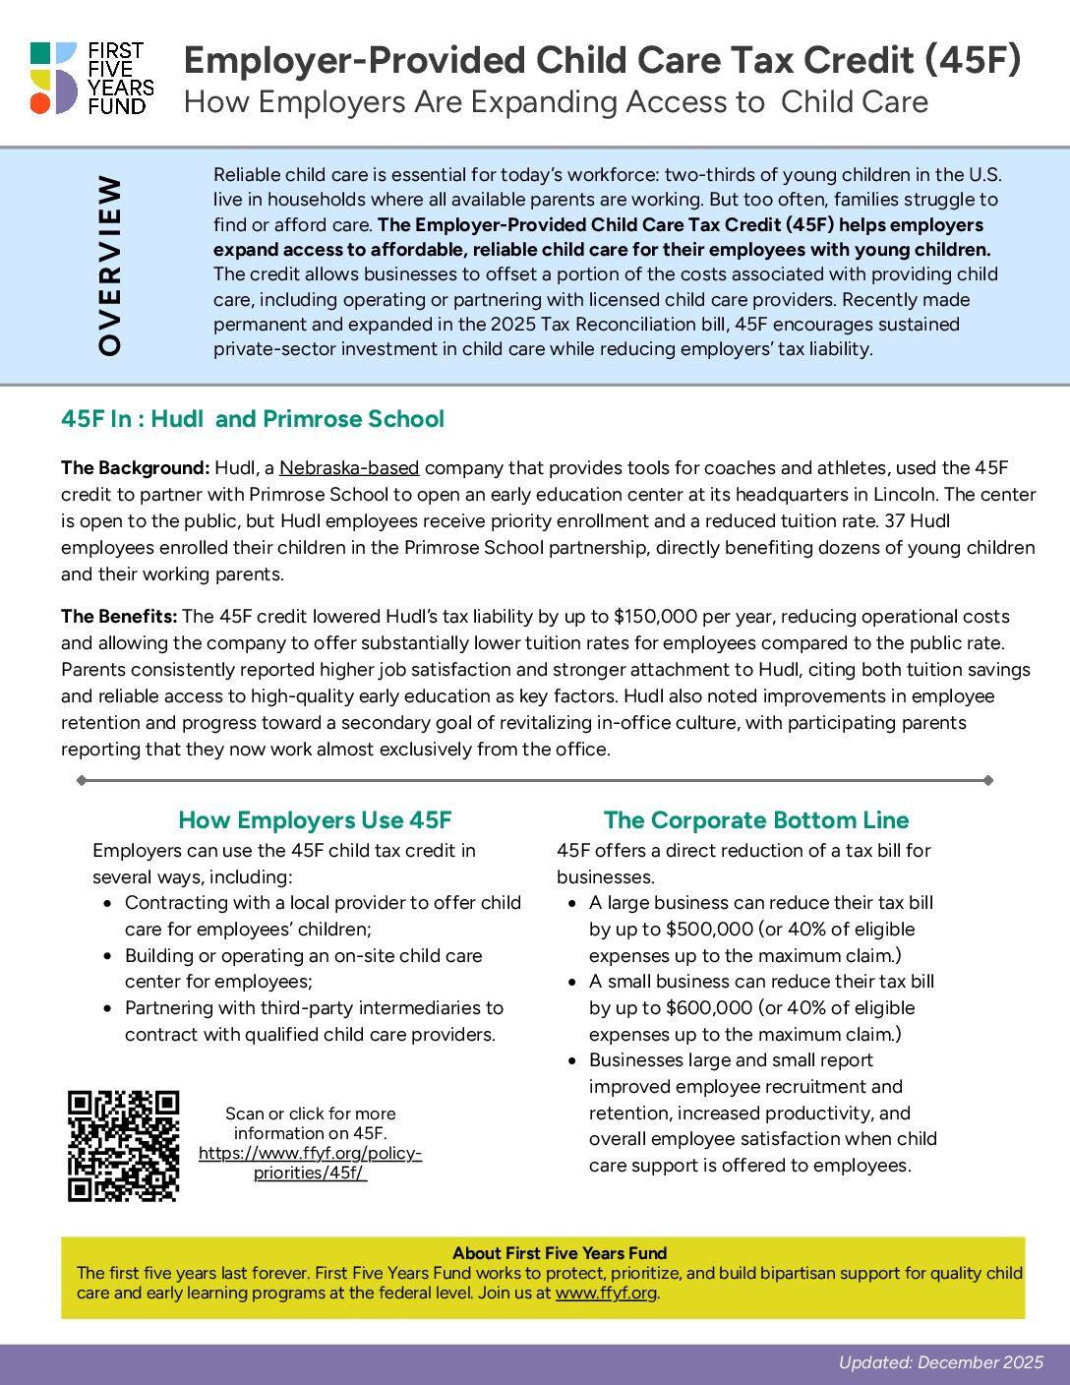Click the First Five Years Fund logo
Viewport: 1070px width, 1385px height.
91,78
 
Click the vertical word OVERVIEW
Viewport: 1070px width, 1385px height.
110,265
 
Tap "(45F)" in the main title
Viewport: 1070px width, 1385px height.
973,60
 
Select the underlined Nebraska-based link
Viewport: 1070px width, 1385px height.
349,468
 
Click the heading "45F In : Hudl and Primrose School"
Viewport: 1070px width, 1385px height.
253,419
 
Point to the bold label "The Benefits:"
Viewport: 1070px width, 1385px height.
119,617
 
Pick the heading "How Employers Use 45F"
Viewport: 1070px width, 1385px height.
315,820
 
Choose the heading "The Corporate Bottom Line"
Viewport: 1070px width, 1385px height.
756,820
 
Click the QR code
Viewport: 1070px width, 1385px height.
123,1146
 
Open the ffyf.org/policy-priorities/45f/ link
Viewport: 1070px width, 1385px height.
310,1163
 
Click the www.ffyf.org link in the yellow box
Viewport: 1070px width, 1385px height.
606,1293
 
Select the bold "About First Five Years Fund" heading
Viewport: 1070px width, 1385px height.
560,1253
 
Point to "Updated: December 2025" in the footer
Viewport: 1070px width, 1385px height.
940,1362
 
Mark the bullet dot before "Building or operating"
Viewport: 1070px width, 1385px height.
108,956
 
